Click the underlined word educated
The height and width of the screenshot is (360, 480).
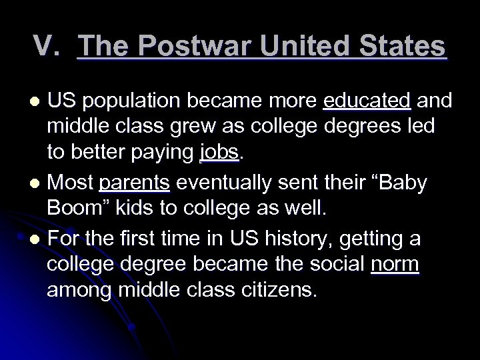pyautogui.click(x=366, y=101)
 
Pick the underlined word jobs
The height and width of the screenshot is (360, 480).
pyautogui.click(x=219, y=154)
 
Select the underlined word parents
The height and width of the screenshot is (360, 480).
pyautogui.click(x=134, y=181)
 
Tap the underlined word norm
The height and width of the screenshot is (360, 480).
pyautogui.click(x=395, y=264)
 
